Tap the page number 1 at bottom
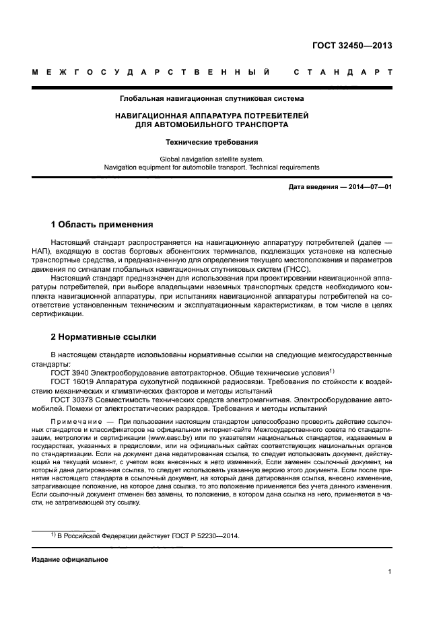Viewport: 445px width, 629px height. pyautogui.click(x=390, y=572)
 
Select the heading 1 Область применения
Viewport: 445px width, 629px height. pyautogui.click(x=102, y=224)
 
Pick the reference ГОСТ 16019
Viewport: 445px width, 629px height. pyautogui.click(x=74, y=381)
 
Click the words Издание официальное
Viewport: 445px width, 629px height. pyautogui.click(x=69, y=559)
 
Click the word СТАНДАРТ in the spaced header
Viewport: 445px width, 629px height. pyautogui.click(x=343, y=71)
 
